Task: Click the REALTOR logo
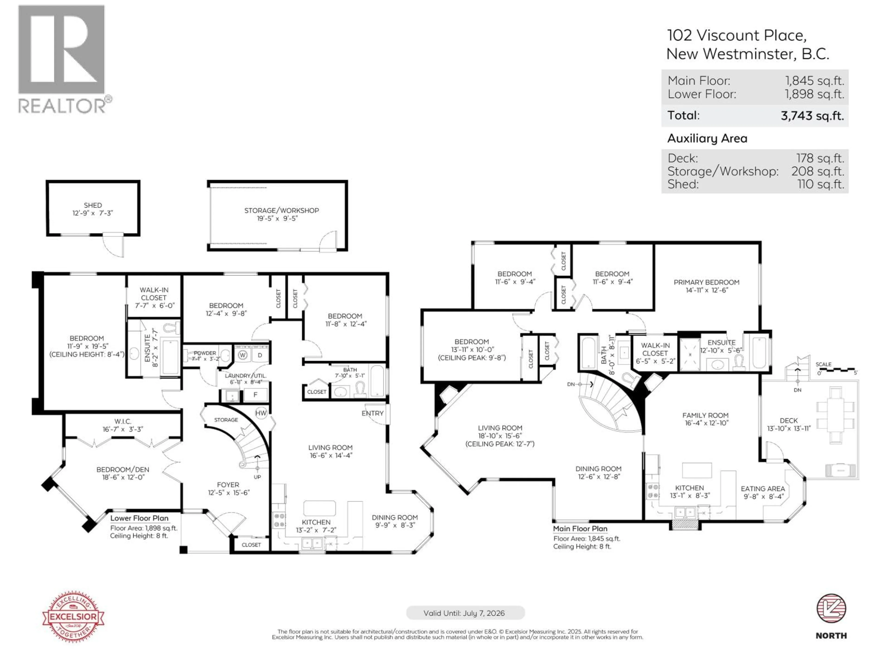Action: click(x=62, y=58)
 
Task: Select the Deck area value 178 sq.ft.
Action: click(x=820, y=158)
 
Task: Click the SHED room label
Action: click(x=93, y=205)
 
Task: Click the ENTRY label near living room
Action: click(x=372, y=413)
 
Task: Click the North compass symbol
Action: click(x=831, y=608)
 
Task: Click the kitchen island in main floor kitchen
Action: click(x=697, y=470)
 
